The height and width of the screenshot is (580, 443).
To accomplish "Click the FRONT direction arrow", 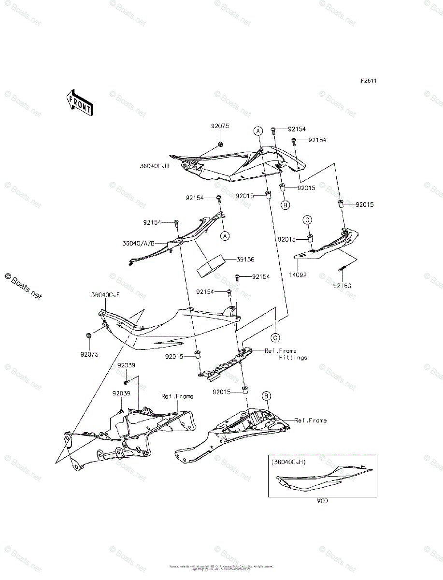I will [x=79, y=102].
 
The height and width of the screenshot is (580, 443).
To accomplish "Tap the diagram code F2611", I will [x=368, y=81].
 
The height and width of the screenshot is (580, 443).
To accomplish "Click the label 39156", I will [x=246, y=260].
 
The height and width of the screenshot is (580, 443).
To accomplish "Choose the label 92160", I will [x=342, y=286].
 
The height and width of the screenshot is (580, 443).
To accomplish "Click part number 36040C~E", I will [x=105, y=295].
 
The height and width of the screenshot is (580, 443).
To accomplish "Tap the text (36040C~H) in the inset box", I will [x=288, y=462].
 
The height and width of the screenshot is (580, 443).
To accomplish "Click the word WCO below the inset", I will [x=322, y=501].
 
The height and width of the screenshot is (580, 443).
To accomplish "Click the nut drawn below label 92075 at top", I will [x=220, y=144].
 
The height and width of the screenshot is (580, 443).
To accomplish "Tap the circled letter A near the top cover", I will [x=258, y=131].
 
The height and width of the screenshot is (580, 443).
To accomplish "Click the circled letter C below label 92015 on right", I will [x=307, y=220].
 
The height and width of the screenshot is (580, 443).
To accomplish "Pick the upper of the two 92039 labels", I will [x=126, y=366].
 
